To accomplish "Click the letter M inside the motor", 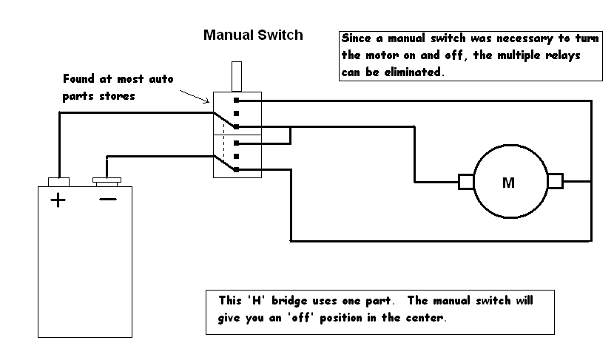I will tap(508, 183).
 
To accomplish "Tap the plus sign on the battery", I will tap(58, 200).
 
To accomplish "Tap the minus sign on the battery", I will tap(108, 200).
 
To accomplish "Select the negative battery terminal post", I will tap(108, 180).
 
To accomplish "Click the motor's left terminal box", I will tap(466, 181).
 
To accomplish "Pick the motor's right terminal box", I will tap(555, 180).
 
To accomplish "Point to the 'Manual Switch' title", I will tap(253, 35).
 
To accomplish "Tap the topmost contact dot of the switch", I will tap(237, 100).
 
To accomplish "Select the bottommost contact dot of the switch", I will tap(237, 169).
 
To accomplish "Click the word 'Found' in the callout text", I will tap(79, 78).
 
